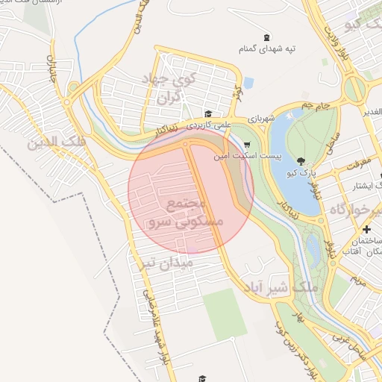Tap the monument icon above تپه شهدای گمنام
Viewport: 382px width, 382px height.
(267, 37)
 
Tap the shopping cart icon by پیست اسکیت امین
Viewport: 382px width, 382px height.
(247, 146)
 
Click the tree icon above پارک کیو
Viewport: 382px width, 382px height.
(300, 161)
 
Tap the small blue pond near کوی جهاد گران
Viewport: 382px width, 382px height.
(248, 82)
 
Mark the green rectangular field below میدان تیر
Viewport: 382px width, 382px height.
(225, 314)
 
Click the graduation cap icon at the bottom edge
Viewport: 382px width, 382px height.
(201, 379)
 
